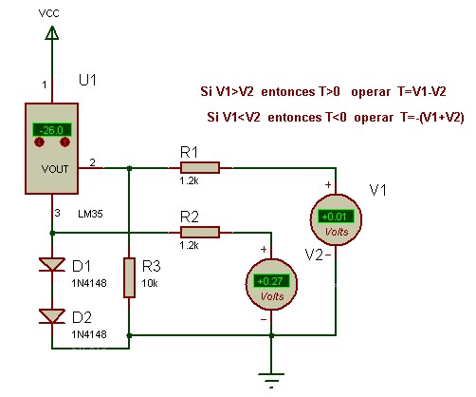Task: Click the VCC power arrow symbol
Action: (52, 33)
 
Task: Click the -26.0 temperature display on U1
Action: (52, 130)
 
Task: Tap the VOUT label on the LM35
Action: (55, 169)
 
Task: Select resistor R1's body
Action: (200, 167)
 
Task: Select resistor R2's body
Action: (200, 232)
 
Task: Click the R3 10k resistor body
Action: (129, 278)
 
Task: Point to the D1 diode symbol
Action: (52, 265)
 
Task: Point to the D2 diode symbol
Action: (52, 316)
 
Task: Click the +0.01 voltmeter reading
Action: (336, 217)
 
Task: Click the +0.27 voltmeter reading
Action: (271, 281)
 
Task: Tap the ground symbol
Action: (271, 380)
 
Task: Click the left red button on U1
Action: (39, 142)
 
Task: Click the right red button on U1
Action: (64, 142)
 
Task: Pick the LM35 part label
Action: (90, 214)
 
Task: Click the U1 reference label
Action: (87, 80)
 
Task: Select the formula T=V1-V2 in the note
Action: (422, 91)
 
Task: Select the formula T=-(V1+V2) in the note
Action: (432, 118)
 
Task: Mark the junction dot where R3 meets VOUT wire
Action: (129, 168)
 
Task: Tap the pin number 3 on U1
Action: (57, 213)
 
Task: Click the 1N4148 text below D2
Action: (89, 334)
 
